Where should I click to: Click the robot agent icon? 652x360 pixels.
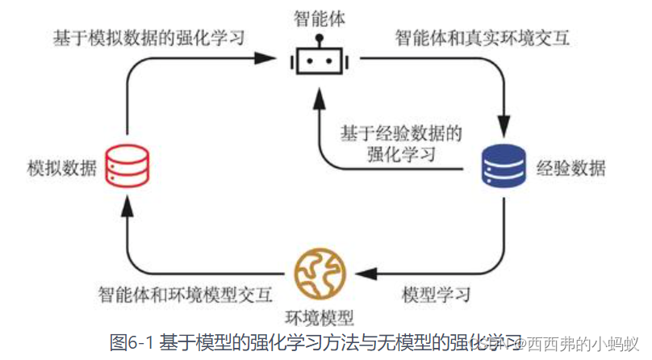click(x=317, y=61)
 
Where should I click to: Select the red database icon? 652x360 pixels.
click(x=128, y=168)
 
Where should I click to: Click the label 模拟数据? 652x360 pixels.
click(x=61, y=170)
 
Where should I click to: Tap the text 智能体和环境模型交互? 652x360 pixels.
click(x=185, y=291)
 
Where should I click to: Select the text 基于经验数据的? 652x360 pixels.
click(x=400, y=132)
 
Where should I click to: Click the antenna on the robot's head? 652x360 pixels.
click(x=317, y=39)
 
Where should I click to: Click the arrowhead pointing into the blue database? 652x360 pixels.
click(x=504, y=132)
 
